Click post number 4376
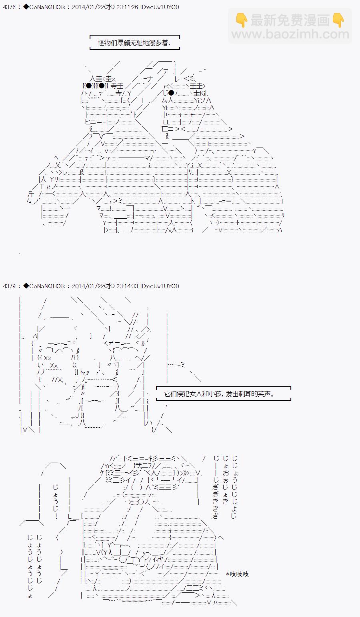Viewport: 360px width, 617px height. point(9,7)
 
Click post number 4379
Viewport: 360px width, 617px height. point(9,286)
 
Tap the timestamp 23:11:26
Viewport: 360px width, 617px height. point(128,7)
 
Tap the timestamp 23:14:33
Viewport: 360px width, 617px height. point(128,286)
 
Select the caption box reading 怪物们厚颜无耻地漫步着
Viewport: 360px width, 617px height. point(134,42)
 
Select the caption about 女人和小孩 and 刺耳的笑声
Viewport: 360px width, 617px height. point(223,393)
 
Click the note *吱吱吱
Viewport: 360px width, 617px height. point(237,574)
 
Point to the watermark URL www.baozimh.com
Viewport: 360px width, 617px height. point(290,34)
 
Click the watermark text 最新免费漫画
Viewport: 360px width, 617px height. point(290,20)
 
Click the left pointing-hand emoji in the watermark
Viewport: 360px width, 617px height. point(242,20)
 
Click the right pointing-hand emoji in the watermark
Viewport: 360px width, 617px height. point(338,20)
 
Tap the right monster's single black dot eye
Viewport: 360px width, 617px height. point(171,93)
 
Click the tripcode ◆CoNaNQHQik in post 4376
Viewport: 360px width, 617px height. point(44,7)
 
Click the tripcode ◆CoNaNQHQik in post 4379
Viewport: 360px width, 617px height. point(44,286)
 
